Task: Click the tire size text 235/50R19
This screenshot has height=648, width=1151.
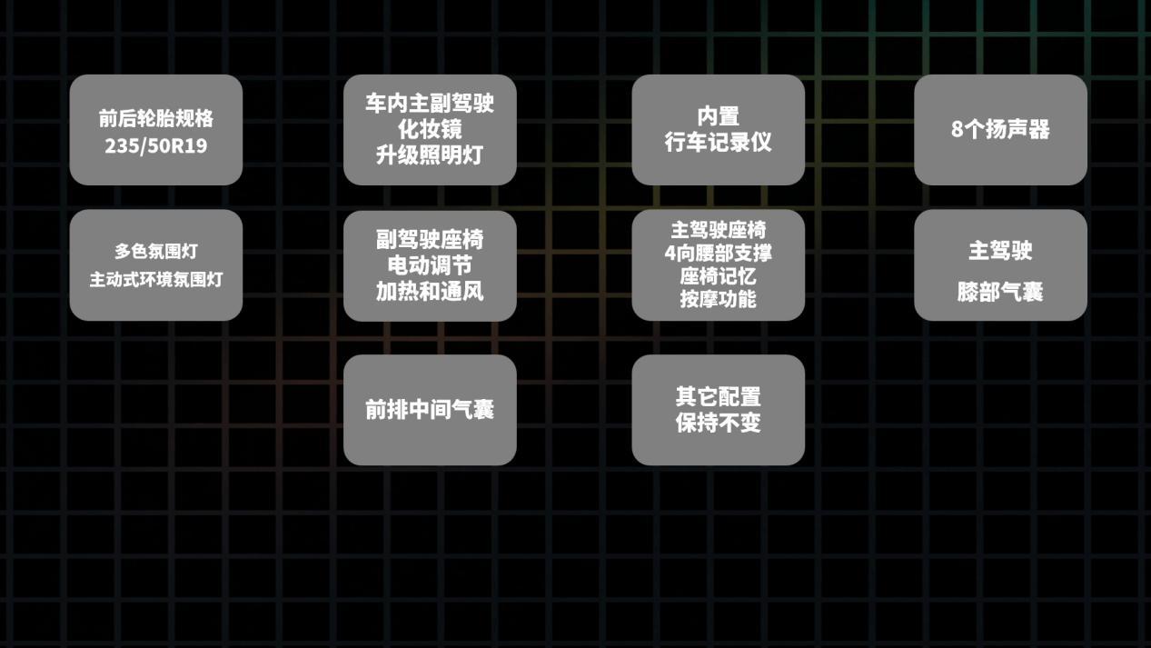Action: click(155, 145)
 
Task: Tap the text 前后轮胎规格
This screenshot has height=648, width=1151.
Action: click(155, 119)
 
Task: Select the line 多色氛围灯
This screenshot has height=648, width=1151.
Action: click(155, 251)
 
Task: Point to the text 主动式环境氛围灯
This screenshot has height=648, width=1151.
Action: click(155, 280)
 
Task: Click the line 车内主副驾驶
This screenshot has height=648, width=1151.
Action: click(430, 104)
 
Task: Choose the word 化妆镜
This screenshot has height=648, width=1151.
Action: click(430, 129)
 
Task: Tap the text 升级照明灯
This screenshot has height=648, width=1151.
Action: click(430, 155)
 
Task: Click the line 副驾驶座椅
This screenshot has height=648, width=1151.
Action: click(430, 239)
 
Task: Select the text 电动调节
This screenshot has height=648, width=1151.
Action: click(430, 265)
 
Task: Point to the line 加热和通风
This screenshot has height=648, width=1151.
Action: click(430, 292)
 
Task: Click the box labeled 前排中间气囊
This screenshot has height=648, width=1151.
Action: click(430, 410)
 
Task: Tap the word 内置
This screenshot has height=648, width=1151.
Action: click(718, 116)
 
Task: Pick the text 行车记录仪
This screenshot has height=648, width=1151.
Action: click(718, 142)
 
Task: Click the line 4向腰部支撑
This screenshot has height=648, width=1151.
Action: click(718, 253)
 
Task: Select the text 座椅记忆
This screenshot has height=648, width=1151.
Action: click(718, 276)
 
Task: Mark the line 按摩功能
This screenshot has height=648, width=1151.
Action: click(718, 299)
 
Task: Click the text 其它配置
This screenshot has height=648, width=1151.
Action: click(718, 397)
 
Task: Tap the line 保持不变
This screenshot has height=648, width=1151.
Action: click(718, 423)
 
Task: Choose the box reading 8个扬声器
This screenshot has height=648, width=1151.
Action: click(1000, 130)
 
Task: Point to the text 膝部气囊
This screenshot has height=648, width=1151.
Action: click(1000, 293)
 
